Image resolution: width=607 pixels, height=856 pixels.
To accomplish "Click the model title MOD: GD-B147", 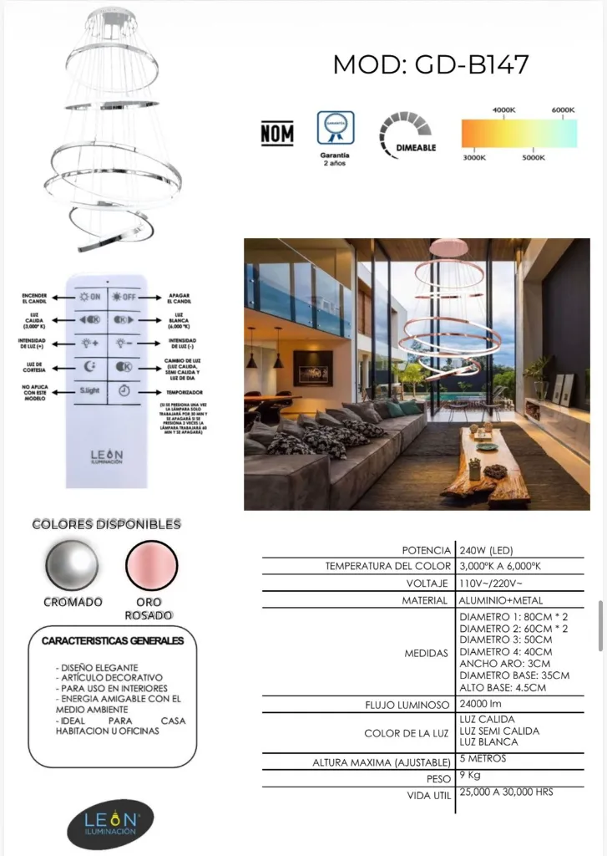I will pos(431,64).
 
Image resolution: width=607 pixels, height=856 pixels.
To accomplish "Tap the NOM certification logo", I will pos(277,134).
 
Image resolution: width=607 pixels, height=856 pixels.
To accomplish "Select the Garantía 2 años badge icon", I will pos(335,130).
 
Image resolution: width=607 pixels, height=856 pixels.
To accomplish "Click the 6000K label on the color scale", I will pos(564,110).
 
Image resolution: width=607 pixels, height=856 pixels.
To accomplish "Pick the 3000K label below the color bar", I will pos(474,157).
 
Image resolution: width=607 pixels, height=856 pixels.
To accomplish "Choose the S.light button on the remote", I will pos(89,390).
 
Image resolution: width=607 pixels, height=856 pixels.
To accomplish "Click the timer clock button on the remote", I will pos(123,390).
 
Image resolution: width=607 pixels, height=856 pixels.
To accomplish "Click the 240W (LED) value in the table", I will pos(486,551).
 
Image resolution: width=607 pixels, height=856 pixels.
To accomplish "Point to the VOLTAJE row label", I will pos(426,583).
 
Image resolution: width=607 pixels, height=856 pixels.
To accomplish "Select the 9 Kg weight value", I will pos(470,777).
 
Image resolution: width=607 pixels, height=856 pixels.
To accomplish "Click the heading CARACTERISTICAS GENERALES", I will pos(113,641).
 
